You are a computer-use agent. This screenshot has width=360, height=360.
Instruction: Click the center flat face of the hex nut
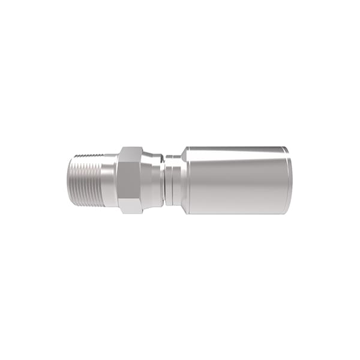coord(130,179)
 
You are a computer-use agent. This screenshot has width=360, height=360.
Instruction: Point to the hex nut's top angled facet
coord(130,153)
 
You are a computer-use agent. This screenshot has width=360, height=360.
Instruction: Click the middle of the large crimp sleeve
coord(237,179)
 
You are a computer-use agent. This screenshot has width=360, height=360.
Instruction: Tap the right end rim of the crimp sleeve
coord(290,179)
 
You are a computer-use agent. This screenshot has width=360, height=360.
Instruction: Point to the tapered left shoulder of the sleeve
coord(186,179)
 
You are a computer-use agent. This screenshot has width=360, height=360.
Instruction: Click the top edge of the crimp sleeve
coord(237,147)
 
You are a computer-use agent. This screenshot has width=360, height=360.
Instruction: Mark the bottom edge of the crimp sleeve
coord(237,213)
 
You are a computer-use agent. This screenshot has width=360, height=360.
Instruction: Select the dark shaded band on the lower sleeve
coord(237,204)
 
